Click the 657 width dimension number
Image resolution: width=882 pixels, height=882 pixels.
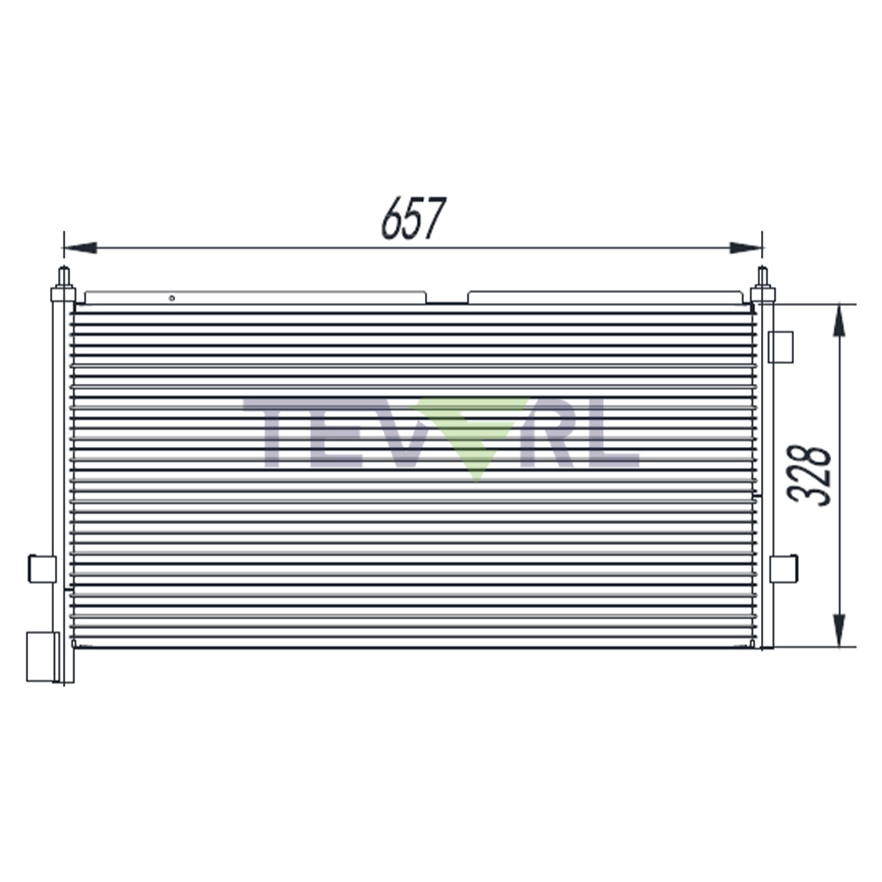413,219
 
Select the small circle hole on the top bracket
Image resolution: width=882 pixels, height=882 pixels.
172,298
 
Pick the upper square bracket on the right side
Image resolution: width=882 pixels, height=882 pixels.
781,347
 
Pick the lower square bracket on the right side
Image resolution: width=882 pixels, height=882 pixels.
783,568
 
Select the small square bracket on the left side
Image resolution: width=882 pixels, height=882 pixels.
42,569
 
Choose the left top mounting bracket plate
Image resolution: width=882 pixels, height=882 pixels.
256,298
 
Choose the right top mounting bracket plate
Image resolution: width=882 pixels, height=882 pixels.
605,298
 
